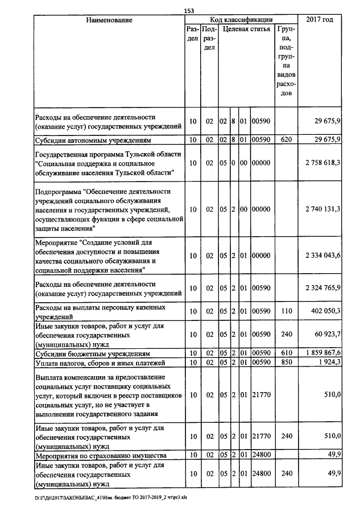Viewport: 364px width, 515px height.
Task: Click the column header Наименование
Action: (x=109, y=20)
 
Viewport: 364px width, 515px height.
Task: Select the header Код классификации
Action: (x=241, y=20)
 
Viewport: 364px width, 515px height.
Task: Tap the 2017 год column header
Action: (x=320, y=20)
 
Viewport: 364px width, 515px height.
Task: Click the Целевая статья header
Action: (x=246, y=28)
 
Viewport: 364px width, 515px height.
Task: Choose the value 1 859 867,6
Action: (x=322, y=353)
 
